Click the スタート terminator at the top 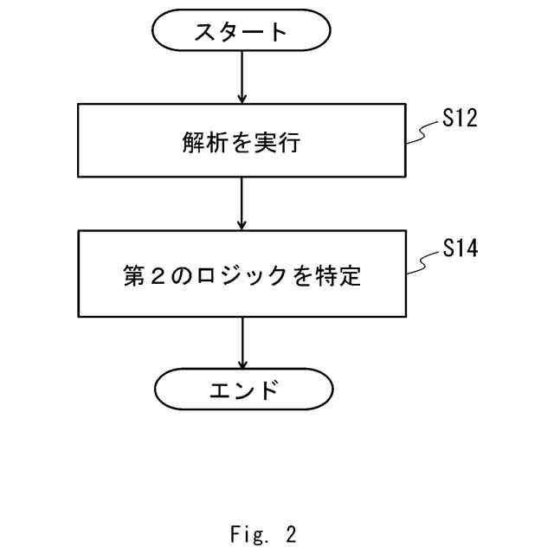pos(242,33)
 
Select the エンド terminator pos(242,390)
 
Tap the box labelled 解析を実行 pos(242,139)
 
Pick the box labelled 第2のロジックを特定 pos(242,274)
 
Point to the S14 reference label pos(459,249)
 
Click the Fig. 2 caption pos(264,535)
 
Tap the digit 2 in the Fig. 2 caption pos(290,535)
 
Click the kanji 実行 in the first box pos(279,141)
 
